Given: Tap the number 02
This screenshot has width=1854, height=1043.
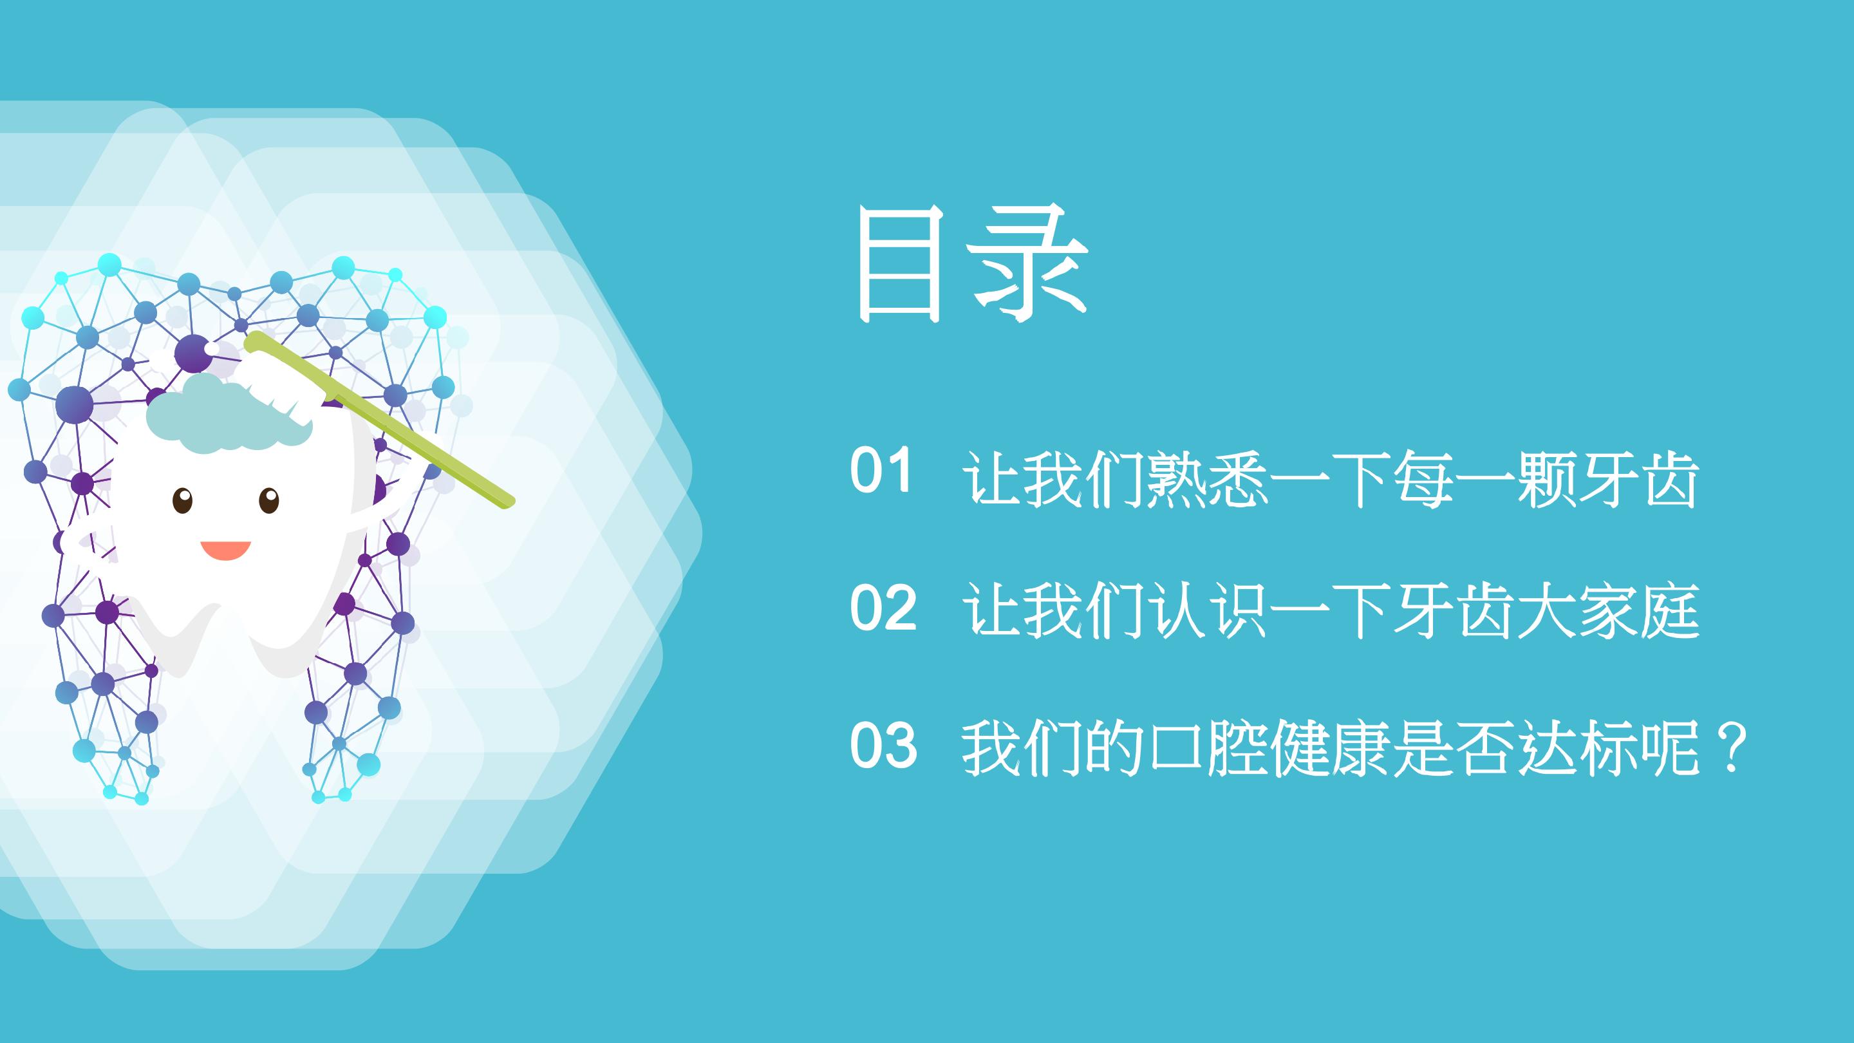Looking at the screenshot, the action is [x=883, y=608].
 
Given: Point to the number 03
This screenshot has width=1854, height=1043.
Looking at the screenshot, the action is [x=883, y=745].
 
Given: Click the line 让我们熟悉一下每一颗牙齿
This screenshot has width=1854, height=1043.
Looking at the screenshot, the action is [x=1331, y=478].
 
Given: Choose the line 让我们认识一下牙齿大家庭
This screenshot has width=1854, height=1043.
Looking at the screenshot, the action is [x=1331, y=610].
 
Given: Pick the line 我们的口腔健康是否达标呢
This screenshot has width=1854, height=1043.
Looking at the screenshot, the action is [x=1331, y=749].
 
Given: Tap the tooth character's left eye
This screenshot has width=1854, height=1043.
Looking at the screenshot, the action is [x=183, y=500].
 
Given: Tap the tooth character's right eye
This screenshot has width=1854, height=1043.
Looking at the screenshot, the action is [x=268, y=500].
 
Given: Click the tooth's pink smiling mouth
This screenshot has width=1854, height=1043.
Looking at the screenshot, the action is [x=225, y=550].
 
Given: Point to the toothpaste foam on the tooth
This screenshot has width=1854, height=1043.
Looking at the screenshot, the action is [x=227, y=415].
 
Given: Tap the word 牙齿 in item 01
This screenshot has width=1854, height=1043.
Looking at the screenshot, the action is [x=1638, y=478].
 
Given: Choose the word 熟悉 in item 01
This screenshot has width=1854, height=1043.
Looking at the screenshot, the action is [x=1208, y=478].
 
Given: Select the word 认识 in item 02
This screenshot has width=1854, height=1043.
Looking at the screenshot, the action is [x=1208, y=610].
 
